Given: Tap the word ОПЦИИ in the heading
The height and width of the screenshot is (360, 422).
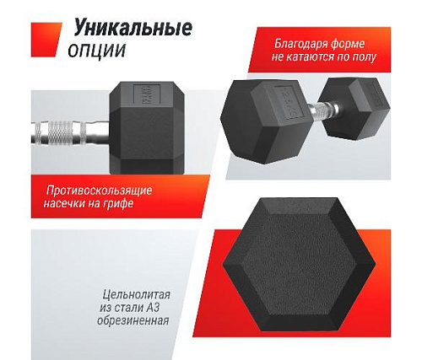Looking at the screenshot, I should (95, 50).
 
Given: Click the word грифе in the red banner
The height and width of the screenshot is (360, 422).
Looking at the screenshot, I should (127, 205).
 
